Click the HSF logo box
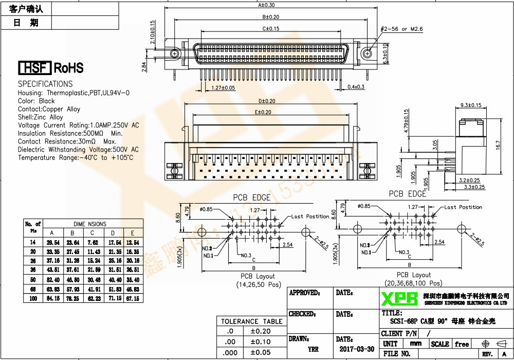click(x=35, y=68)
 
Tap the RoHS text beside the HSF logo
click(x=68, y=68)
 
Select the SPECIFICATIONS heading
click(x=45, y=84)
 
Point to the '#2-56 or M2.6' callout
click(x=401, y=29)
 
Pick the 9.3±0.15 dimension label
click(x=470, y=105)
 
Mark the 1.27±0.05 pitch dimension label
click(x=223, y=88)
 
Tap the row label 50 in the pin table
click(x=33, y=279)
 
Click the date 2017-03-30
click(x=357, y=349)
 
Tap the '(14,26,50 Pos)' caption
click(x=259, y=284)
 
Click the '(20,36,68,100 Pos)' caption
click(x=413, y=283)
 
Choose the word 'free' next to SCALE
click(x=462, y=344)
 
